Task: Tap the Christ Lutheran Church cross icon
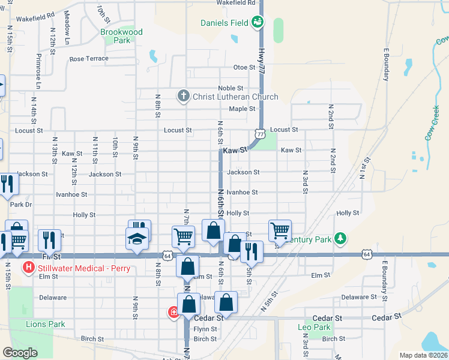184,96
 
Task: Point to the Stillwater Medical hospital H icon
28,268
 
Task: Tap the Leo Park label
314,327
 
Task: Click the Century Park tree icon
341,239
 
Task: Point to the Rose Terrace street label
89,59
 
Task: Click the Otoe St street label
244,67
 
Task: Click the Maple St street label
242,109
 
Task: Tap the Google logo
20,353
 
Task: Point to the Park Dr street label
20,205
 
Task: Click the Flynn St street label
205,329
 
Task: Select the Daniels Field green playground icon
258,22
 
